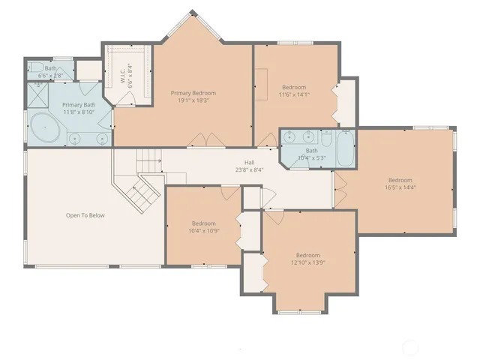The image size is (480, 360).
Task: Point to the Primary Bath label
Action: [x=78, y=105]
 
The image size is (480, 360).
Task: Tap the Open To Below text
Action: [x=85, y=215]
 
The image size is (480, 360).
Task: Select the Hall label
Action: [x=249, y=163]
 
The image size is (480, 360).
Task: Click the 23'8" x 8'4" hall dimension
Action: [x=249, y=170]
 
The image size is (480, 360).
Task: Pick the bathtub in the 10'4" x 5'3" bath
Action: [x=344, y=150]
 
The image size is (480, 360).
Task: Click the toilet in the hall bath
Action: [x=326, y=139]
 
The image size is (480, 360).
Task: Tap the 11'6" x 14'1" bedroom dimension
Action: [x=294, y=94]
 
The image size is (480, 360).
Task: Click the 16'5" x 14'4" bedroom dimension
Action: [x=400, y=187]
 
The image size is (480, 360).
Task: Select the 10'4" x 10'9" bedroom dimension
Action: [x=204, y=231]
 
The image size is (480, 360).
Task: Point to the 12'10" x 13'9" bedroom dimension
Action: [x=307, y=262]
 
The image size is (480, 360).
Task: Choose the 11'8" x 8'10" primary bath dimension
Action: [x=78, y=112]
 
